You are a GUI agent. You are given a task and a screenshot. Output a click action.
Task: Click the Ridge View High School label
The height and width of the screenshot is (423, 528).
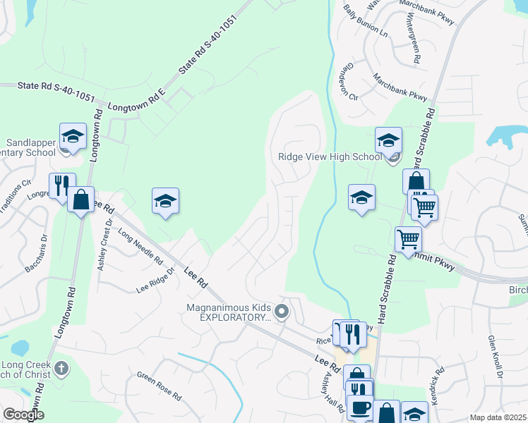(x=330, y=157)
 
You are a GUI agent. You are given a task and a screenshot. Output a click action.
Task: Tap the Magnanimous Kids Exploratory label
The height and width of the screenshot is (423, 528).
(x=229, y=312)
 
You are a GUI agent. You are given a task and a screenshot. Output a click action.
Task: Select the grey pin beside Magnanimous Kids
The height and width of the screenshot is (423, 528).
(x=282, y=311)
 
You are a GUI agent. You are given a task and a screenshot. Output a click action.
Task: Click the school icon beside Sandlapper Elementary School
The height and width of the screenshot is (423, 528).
(x=72, y=136)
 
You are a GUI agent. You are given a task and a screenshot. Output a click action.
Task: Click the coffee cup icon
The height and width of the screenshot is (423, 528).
(x=360, y=407)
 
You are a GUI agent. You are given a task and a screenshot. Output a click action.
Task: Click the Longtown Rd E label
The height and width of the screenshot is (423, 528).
(x=136, y=99)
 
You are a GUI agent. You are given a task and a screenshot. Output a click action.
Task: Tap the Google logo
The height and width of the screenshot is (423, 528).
(x=24, y=415)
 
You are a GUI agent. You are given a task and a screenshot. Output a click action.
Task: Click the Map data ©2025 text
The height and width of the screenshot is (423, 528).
(x=498, y=417)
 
